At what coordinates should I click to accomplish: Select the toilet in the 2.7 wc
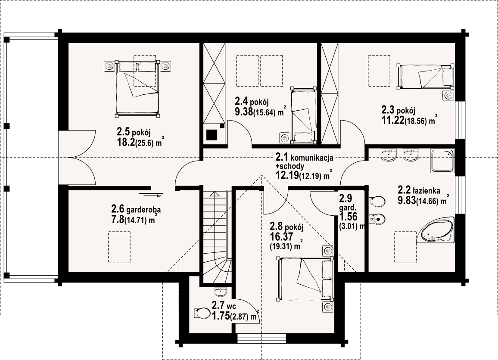pyautogui.click(x=201, y=313)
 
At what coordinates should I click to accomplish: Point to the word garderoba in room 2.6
pyautogui.click(x=143, y=210)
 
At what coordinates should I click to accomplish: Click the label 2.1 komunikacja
pyautogui.click(x=304, y=157)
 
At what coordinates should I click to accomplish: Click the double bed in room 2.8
pyautogui.click(x=305, y=279)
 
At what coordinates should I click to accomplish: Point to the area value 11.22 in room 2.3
pyautogui.click(x=393, y=120)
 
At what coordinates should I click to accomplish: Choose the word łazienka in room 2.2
pyautogui.click(x=426, y=191)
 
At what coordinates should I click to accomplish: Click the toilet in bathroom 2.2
pyautogui.click(x=377, y=201)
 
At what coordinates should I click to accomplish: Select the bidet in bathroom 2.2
pyautogui.click(x=377, y=218)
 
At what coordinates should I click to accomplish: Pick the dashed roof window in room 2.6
pyautogui.click(x=119, y=247)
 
